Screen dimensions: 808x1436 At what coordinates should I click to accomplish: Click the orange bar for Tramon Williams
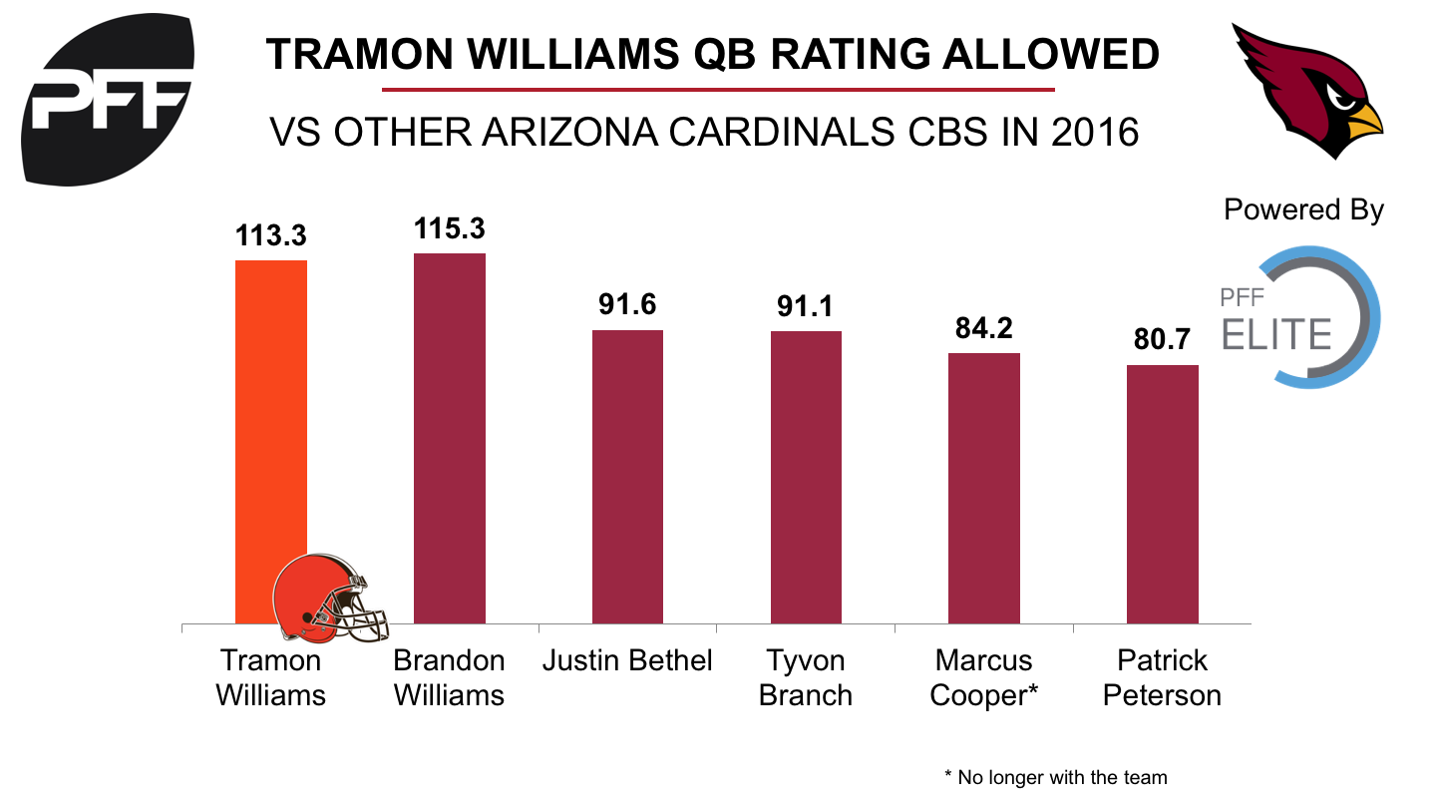pos(270,419)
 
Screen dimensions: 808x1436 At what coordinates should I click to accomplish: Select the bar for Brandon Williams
pos(449,439)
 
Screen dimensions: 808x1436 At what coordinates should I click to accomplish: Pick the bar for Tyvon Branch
pos(806,478)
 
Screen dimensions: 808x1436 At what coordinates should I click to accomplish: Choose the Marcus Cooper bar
pos(983,489)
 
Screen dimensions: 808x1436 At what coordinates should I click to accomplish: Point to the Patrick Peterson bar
pos(1162,495)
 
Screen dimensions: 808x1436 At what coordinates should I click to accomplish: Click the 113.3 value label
pos(270,236)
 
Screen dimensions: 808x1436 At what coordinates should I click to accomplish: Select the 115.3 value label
pos(449,229)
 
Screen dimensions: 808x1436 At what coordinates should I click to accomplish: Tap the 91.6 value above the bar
pos(627,305)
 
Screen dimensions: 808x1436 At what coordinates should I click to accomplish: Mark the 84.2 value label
pos(983,329)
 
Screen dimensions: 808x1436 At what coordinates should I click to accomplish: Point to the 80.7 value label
pos(1162,341)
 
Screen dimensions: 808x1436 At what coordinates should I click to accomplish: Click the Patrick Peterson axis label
pos(1162,677)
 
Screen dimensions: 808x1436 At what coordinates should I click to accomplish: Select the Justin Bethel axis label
pos(627,660)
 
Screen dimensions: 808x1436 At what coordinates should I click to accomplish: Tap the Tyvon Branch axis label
pos(806,677)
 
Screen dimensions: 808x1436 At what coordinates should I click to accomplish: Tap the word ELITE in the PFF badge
pos(1277,334)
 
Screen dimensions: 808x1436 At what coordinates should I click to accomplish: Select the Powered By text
pos(1303,210)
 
